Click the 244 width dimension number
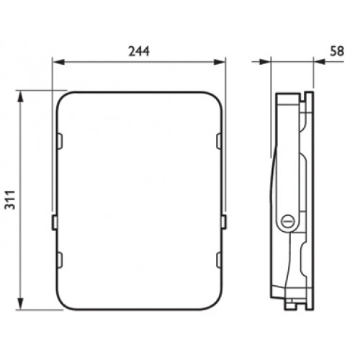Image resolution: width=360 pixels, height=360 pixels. click(139, 51)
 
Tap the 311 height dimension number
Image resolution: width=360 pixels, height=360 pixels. click(10, 199)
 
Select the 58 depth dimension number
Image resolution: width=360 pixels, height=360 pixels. click(337, 51)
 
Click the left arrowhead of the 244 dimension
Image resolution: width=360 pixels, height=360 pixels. click(59, 62)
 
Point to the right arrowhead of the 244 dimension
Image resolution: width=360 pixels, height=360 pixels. click(220, 62)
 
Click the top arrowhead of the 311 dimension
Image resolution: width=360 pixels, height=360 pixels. click(21, 96)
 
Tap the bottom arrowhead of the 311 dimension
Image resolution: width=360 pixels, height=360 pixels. click(21, 304)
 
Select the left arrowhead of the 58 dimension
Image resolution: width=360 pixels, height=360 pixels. click(265, 62)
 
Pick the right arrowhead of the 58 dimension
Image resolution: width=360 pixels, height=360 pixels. click(320, 62)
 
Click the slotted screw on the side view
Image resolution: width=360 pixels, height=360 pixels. click(287, 220)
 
